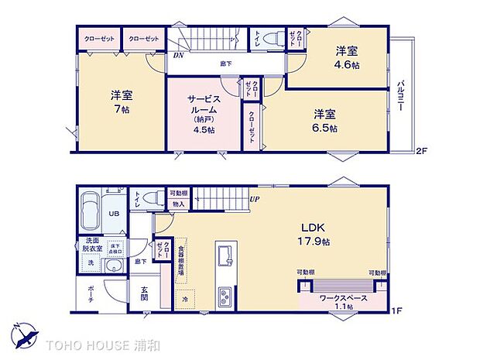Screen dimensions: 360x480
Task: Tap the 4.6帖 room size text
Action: pos(346,66)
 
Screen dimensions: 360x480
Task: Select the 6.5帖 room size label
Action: pos(325,128)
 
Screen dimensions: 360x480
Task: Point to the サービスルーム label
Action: pos(205,105)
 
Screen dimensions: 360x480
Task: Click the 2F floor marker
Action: pos(421,150)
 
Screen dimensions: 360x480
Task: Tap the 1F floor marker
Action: pos(395,311)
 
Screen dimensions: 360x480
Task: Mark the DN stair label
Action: pos(178,56)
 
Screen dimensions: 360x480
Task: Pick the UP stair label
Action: pos(254,199)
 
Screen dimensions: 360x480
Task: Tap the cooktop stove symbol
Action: pos(225,295)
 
